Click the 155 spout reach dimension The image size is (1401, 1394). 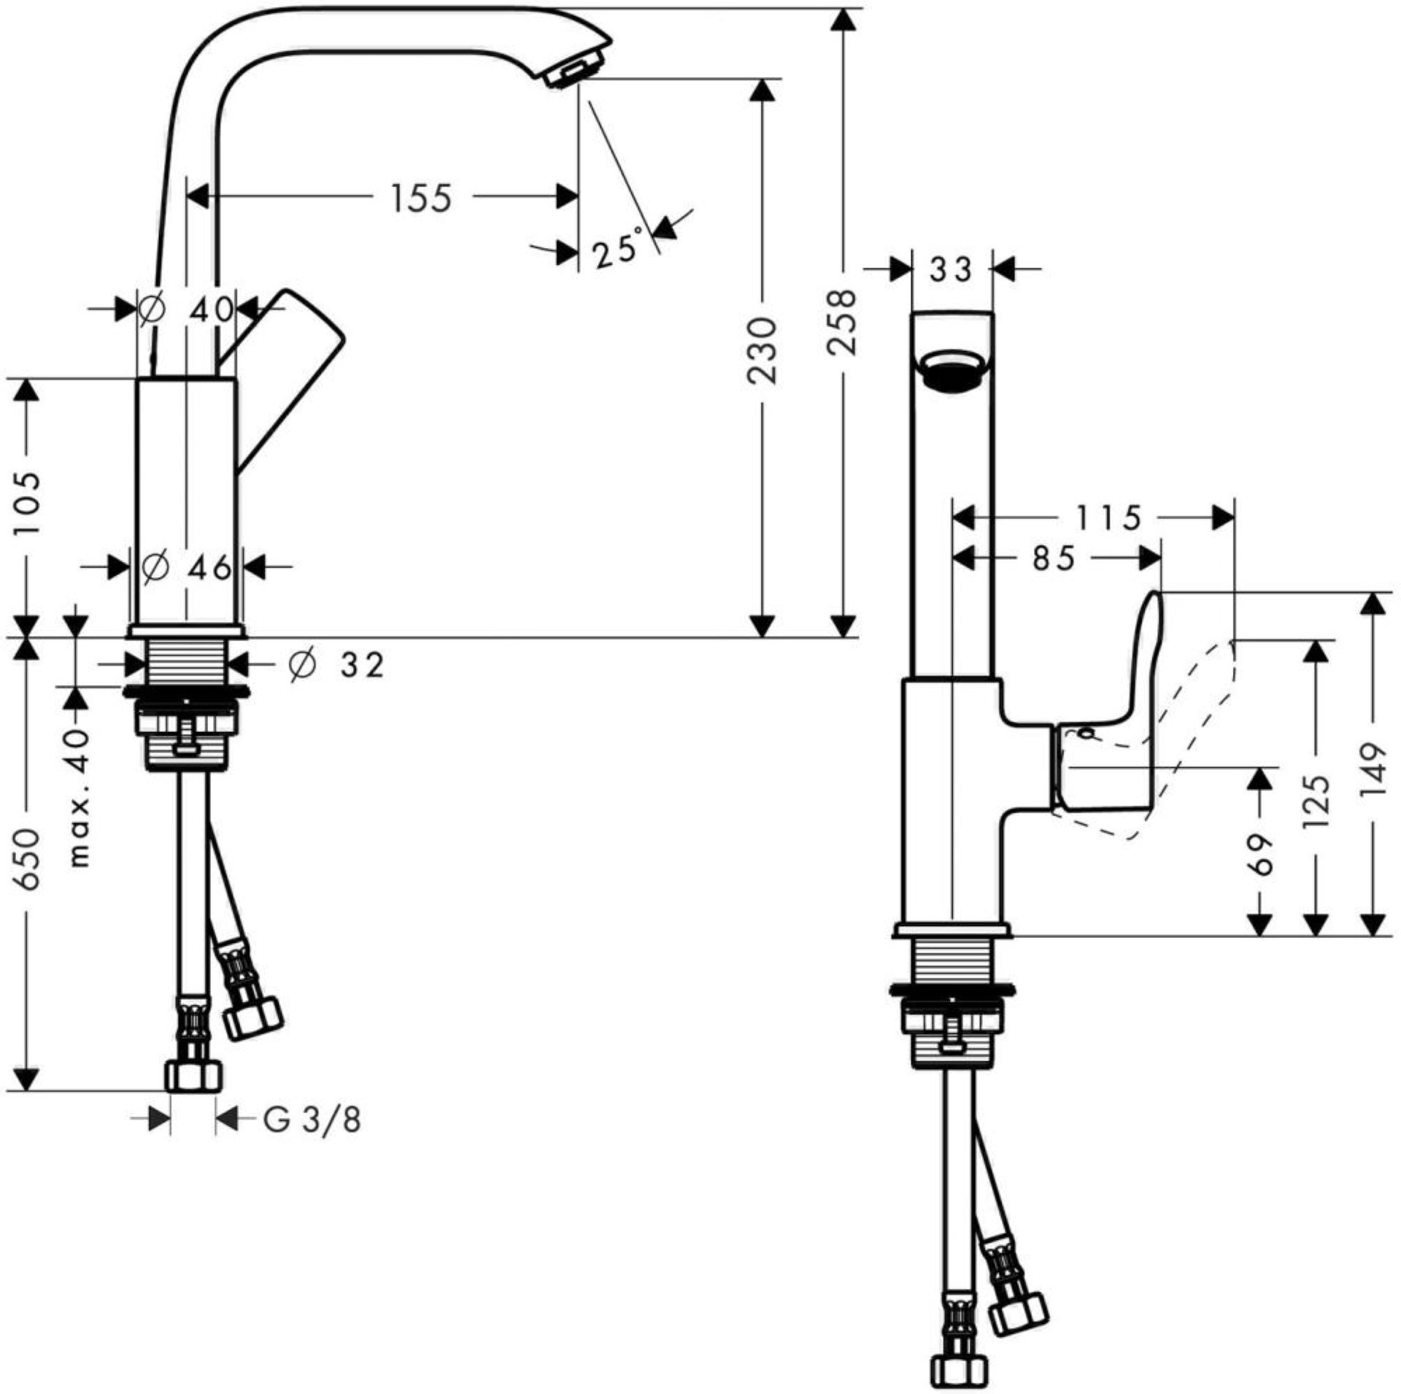422,199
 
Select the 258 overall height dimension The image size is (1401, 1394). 842,321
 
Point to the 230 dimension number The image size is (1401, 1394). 763,351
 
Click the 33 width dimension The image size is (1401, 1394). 952,270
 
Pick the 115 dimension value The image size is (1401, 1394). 1108,518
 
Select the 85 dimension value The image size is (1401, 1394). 1054,560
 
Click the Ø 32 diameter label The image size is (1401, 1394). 336,665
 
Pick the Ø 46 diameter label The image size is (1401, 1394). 187,567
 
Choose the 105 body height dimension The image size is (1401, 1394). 27,504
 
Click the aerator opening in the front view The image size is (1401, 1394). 952,371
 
